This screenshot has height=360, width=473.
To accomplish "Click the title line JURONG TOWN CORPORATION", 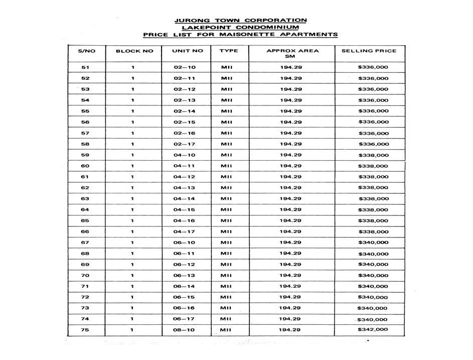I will [x=240, y=20].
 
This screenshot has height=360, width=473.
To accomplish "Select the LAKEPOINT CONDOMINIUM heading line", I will [x=240, y=27].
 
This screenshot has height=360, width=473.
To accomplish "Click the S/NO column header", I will [x=86, y=51].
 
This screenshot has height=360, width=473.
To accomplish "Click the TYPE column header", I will [x=228, y=51].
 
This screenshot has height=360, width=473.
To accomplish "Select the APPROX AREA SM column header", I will [x=292, y=53].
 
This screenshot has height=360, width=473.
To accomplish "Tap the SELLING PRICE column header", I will [x=369, y=51].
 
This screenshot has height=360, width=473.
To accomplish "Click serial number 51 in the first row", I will [x=85, y=67].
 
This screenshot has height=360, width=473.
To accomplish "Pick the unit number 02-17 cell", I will [x=185, y=144].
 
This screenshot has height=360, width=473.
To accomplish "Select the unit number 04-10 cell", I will [x=185, y=155].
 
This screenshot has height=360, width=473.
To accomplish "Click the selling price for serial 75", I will [x=373, y=330].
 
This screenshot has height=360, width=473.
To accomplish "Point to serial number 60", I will [x=85, y=166].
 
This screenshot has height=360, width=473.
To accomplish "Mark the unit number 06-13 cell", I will [x=185, y=276].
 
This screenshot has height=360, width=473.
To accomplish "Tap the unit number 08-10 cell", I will [x=185, y=330].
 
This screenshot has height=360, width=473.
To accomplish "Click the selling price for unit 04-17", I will [x=373, y=232].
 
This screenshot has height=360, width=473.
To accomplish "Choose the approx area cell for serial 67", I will [x=290, y=243].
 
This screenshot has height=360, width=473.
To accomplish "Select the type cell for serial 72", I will [x=227, y=297].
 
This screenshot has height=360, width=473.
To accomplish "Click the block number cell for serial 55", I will [x=133, y=111].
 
